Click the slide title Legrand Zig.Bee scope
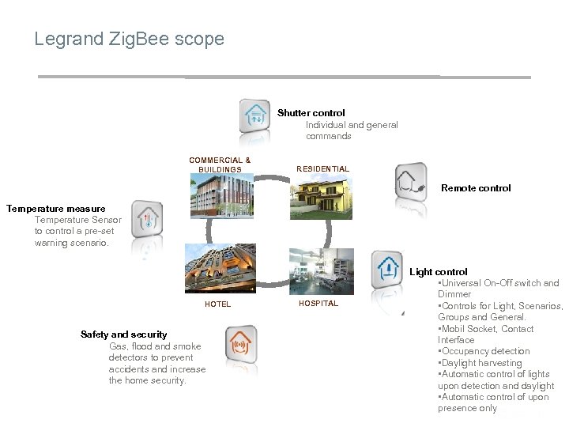coord(129,39)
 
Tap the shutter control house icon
coord(257,117)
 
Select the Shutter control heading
coord(311,113)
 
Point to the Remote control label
coord(476,188)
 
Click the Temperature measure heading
coord(55,209)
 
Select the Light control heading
coord(439,272)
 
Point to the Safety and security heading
coord(124,334)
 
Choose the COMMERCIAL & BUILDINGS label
coord(220,164)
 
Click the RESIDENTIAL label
coord(322,169)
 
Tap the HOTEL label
coord(218,304)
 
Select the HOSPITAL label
coord(318,304)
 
